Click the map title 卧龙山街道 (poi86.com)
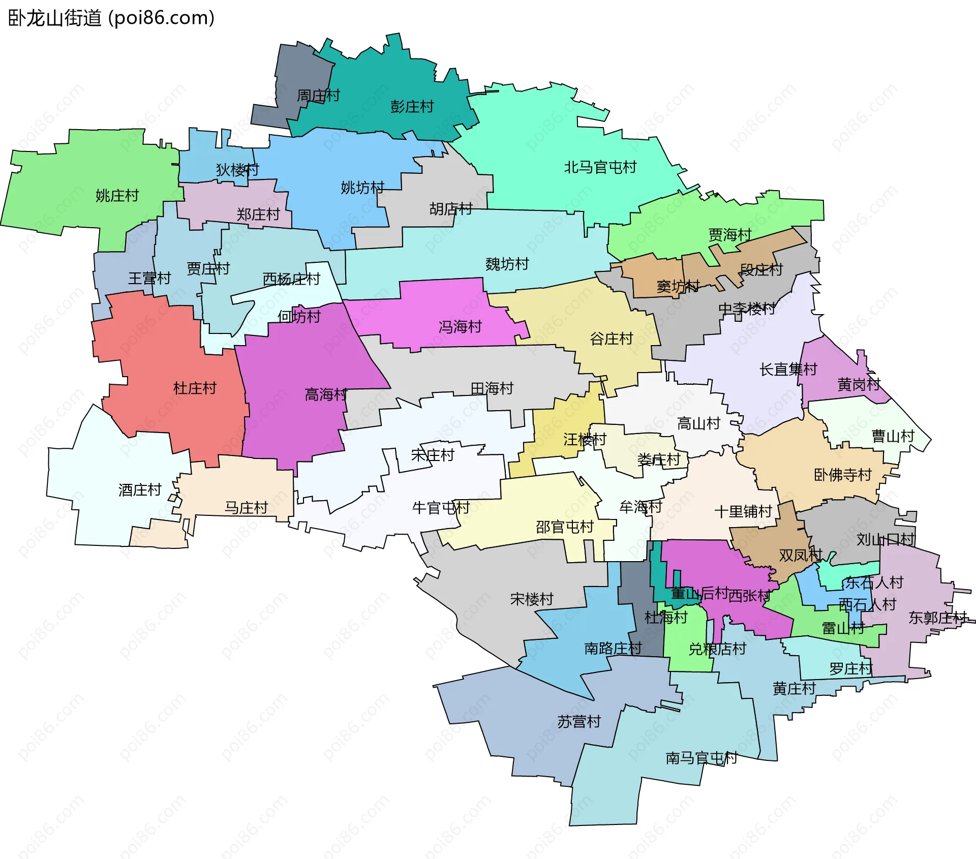tap(111, 18)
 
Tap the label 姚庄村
tap(117, 196)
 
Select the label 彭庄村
tap(412, 107)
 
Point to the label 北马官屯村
tap(600, 167)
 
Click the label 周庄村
tap(318, 96)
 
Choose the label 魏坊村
tap(507, 264)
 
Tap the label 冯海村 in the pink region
tap(460, 327)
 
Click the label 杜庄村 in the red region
tap(195, 389)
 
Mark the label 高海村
tap(326, 394)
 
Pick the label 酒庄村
tap(140, 490)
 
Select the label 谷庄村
tap(611, 339)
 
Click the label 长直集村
tap(788, 370)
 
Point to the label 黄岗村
tap(859, 384)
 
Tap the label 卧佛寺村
tap(842, 475)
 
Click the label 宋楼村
tap(531, 599)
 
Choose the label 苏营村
tap(578, 722)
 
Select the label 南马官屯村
tap(701, 758)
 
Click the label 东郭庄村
tap(937, 618)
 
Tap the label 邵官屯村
tap(564, 527)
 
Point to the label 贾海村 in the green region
tap(729, 235)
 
